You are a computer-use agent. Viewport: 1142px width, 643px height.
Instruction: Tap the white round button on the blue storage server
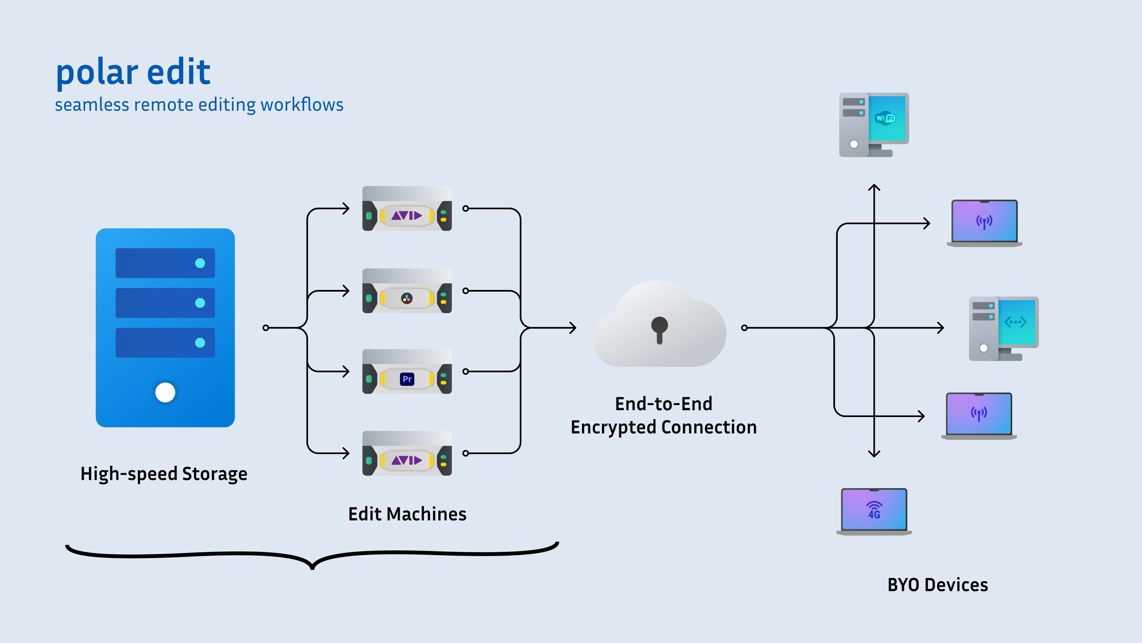point(165,392)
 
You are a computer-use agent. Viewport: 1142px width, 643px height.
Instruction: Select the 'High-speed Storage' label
point(164,474)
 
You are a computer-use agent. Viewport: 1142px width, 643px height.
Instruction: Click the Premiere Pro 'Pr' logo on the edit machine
point(407,379)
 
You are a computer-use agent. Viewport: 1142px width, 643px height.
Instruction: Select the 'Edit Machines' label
point(407,514)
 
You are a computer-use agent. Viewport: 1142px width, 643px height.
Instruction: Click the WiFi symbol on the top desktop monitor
point(885,118)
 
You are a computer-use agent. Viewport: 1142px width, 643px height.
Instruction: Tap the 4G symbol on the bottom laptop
point(874,510)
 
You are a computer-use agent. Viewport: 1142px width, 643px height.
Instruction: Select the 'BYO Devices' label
point(938,585)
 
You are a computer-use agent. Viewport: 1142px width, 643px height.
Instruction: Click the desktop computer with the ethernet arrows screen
point(1003,328)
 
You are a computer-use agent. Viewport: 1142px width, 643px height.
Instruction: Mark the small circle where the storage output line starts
point(266,328)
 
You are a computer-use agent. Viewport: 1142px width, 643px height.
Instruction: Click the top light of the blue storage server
point(200,263)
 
